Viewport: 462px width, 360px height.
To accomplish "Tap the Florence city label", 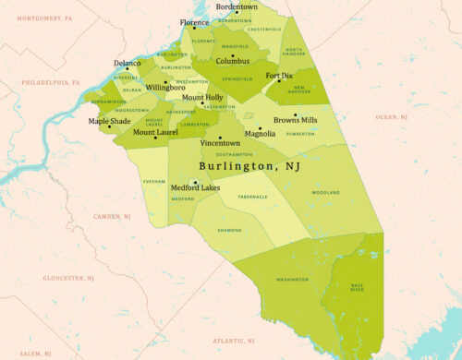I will [x=194, y=22].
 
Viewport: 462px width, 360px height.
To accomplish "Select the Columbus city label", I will [x=233, y=62].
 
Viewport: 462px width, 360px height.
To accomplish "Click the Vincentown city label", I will [x=220, y=144].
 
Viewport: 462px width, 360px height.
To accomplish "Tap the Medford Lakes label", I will [x=196, y=188].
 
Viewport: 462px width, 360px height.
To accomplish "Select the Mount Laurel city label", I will [x=155, y=132].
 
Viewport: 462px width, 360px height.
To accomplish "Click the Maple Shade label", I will [x=109, y=121].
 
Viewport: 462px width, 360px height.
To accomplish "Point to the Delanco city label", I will [x=128, y=64].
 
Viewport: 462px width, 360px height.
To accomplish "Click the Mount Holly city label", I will [x=202, y=97].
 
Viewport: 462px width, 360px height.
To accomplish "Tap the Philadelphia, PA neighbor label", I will [x=44, y=82].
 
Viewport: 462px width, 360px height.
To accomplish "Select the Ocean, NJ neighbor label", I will [x=391, y=117].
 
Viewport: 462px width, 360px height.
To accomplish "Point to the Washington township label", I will [x=292, y=279].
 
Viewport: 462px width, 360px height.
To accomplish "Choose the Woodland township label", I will [x=325, y=193].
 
